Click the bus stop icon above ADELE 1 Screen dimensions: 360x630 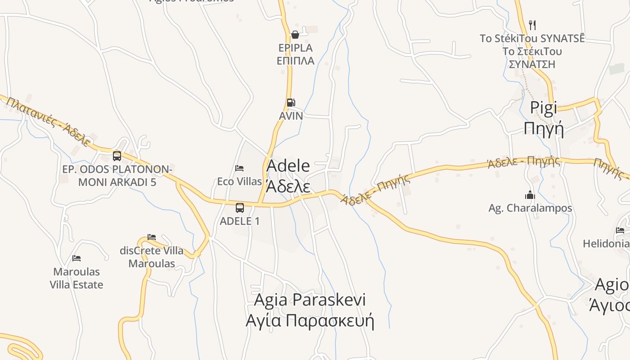(x=240, y=208)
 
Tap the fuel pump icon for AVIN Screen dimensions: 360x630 (x=291, y=103)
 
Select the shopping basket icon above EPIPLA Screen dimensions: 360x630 (x=295, y=35)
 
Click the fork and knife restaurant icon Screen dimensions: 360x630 (x=532, y=24)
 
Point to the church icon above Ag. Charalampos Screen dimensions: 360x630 (x=530, y=195)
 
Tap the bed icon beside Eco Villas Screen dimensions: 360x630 (x=239, y=168)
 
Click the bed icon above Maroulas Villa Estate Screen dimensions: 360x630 (x=76, y=258)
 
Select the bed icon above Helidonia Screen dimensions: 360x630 (x=620, y=230)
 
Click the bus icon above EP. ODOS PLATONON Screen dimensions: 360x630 (x=117, y=156)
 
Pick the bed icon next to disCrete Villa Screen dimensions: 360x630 (x=152, y=237)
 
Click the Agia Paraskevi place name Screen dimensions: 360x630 (x=310, y=300)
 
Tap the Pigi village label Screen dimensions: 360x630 (x=543, y=108)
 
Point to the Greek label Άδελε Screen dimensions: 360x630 (x=288, y=185)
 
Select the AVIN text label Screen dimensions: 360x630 (x=291, y=116)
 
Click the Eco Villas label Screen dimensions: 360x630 (x=239, y=181)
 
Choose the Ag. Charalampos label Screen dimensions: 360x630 (x=530, y=208)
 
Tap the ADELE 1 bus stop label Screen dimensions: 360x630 (x=239, y=221)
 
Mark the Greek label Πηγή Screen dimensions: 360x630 (x=544, y=129)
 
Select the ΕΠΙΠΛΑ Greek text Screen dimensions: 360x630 (x=295, y=61)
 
